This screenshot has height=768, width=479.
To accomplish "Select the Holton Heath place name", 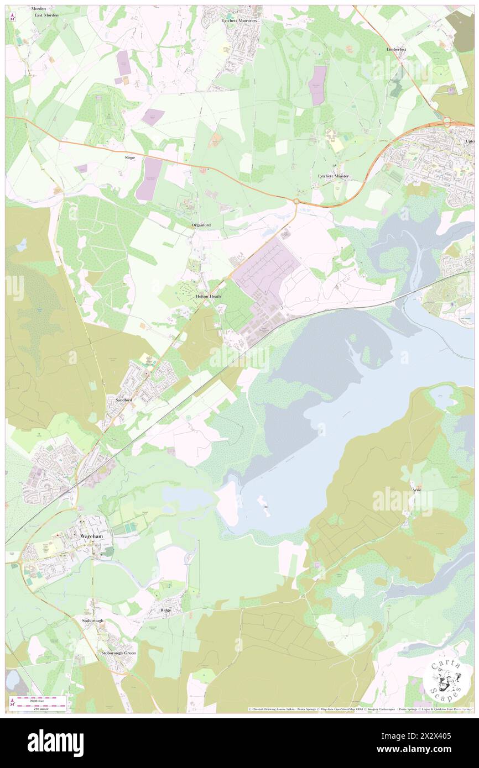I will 209,297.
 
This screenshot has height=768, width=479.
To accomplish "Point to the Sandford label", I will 124,399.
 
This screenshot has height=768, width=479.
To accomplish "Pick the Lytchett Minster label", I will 334,175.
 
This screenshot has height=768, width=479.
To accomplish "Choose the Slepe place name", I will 129,157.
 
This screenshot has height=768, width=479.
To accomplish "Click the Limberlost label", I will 396,49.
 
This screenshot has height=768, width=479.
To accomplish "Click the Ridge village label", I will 166,610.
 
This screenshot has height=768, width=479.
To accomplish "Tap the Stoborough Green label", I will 118,653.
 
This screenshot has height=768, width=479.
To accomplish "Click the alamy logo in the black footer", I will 55,743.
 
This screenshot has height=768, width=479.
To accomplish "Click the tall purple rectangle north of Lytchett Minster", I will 317,86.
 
